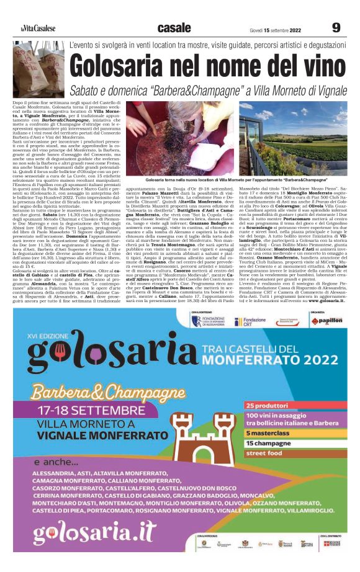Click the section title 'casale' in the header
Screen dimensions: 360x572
[x=174, y=28]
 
